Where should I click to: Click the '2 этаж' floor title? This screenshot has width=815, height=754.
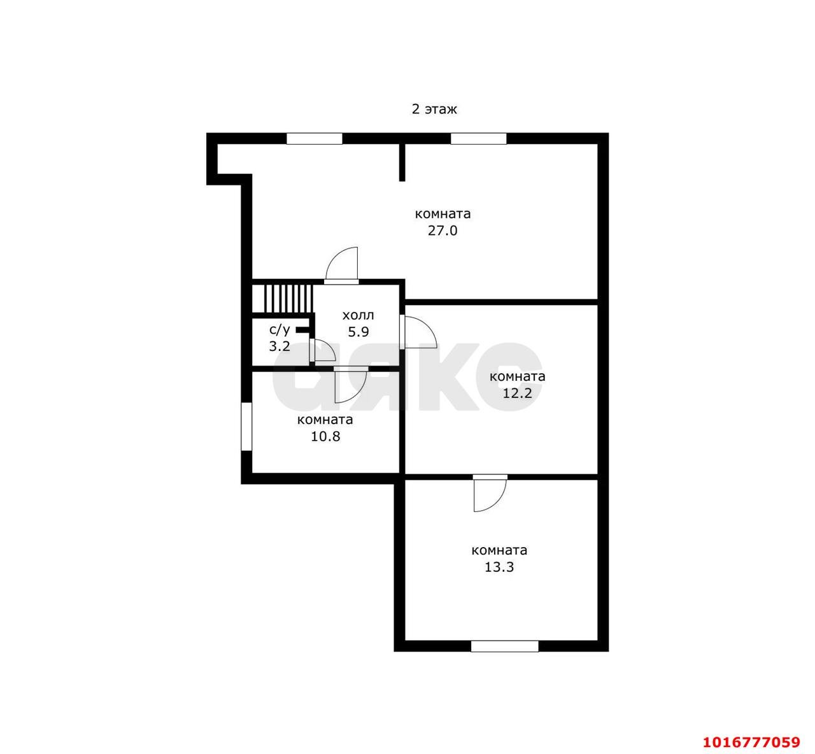pyautogui.click(x=434, y=110)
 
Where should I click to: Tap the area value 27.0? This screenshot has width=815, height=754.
pyautogui.click(x=443, y=231)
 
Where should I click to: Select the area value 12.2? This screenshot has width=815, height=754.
pyautogui.click(x=517, y=393)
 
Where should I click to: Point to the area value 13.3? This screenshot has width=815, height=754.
pyautogui.click(x=499, y=567)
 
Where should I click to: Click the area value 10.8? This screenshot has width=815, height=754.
pyautogui.click(x=325, y=436)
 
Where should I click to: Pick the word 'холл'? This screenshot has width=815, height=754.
pyautogui.click(x=358, y=316)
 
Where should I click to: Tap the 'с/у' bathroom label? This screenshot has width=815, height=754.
pyautogui.click(x=280, y=330)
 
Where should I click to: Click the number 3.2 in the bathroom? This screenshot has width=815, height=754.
pyautogui.click(x=280, y=346)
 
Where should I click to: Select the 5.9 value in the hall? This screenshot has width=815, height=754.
pyautogui.click(x=358, y=332)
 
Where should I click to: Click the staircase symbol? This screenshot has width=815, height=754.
pyautogui.click(x=282, y=299)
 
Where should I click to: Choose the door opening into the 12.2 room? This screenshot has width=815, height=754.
pyautogui.click(x=418, y=332)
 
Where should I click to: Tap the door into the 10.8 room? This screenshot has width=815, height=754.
pyautogui.click(x=350, y=385)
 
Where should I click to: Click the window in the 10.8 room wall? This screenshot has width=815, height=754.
pyautogui.click(x=246, y=427)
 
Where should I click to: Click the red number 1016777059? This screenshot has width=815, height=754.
pyautogui.click(x=752, y=742)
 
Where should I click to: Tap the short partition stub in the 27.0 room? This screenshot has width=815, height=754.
pyautogui.click(x=402, y=162)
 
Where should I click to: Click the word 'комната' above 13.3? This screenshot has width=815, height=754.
pyautogui.click(x=499, y=550)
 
